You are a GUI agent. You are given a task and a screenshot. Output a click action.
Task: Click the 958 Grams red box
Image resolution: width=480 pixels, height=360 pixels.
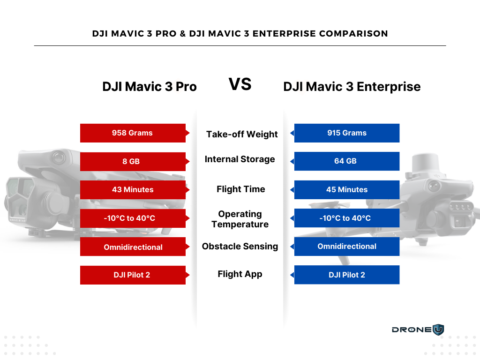click(133, 133)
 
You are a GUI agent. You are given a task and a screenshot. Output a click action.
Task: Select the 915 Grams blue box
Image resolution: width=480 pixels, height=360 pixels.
click(347, 133)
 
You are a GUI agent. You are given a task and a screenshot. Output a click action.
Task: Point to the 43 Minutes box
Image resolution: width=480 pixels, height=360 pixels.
click(133, 190)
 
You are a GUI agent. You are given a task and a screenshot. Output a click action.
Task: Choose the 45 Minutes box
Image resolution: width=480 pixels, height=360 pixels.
click(347, 190)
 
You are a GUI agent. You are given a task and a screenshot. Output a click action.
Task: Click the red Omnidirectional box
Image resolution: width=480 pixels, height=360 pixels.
click(133, 247)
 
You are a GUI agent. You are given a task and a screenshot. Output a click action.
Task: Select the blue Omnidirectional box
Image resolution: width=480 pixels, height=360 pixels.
click(347, 247)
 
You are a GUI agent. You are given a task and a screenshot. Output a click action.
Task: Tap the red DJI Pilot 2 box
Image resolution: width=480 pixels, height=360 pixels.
click(133, 275)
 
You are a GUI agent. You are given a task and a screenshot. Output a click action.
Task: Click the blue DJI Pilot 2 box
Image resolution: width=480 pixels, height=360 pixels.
click(347, 275)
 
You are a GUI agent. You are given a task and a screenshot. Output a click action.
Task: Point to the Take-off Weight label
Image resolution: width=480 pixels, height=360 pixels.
click(242, 134)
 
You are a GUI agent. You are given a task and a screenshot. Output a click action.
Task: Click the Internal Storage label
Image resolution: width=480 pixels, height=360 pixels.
click(240, 159)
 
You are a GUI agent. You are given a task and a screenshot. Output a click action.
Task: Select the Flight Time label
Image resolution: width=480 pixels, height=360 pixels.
click(241, 189)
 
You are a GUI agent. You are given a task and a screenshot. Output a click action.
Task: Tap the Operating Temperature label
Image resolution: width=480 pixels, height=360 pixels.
click(240, 219)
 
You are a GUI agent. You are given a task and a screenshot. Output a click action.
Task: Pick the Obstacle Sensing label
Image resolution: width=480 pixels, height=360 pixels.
click(240, 247)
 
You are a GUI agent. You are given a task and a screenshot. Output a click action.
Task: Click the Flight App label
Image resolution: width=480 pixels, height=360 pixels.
click(240, 274)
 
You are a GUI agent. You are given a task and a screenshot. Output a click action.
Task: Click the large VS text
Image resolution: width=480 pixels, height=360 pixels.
click(240, 84)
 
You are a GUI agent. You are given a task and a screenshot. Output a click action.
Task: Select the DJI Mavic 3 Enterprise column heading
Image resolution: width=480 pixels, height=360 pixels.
click(352, 87)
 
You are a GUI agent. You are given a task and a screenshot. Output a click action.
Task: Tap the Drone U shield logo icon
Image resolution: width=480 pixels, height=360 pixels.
click(438, 330)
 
